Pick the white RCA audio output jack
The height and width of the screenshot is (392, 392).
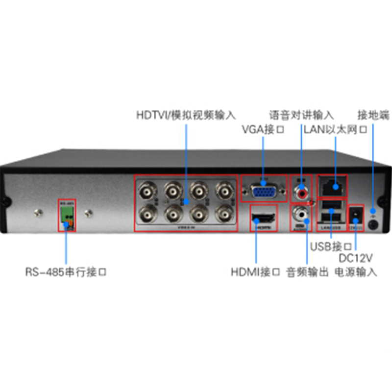pos(301,214)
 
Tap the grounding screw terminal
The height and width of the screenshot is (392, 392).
pos(374,224)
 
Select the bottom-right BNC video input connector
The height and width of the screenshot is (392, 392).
pos(224,213)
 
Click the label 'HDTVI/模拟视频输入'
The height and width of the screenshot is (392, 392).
pos(186,115)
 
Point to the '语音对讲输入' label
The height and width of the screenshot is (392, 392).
pos(301,115)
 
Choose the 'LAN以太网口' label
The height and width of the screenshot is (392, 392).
pos(335,130)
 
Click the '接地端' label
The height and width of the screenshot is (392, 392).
pos(373,115)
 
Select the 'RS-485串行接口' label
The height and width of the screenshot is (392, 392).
pos(66,271)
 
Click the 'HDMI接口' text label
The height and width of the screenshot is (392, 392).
pos(255,271)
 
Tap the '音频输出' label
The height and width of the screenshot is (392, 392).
pos(307,271)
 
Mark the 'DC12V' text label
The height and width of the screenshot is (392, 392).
pos(356,258)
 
